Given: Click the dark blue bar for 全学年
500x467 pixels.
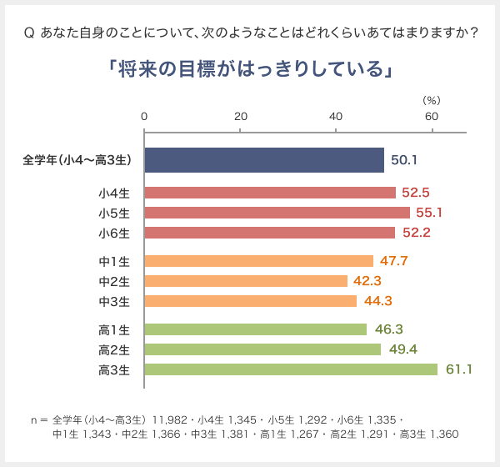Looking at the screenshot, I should coord(264,160).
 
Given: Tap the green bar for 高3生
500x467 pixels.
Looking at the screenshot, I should coord(291,369).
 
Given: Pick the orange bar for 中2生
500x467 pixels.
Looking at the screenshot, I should coord(246,281).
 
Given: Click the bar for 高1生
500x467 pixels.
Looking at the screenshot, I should coord(256,329).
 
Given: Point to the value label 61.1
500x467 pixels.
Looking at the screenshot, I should coord(458,369).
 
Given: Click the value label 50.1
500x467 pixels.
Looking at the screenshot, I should coord(404,160).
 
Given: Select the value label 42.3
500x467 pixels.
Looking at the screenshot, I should coord(367,281).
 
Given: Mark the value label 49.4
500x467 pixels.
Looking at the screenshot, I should coord(401,349).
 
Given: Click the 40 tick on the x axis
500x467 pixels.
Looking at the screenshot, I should coord(336,116).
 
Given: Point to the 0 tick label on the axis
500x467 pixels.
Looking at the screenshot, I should coord(145,116).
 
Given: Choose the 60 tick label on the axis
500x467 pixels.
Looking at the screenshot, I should coord(432,116).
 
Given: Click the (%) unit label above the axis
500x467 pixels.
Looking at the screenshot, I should coord(431,99).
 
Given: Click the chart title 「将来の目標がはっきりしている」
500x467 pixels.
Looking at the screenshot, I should coord(250,68).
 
